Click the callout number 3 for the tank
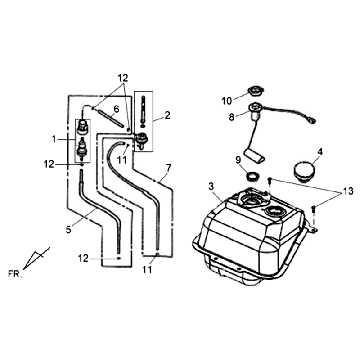(x=211, y=186)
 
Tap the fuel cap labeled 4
(x=305, y=171)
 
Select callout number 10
(x=227, y=101)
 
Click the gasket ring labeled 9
(x=254, y=175)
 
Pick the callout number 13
(x=345, y=192)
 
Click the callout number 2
(x=167, y=115)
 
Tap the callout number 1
(x=55, y=139)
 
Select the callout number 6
(x=116, y=109)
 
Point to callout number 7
(x=168, y=168)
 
